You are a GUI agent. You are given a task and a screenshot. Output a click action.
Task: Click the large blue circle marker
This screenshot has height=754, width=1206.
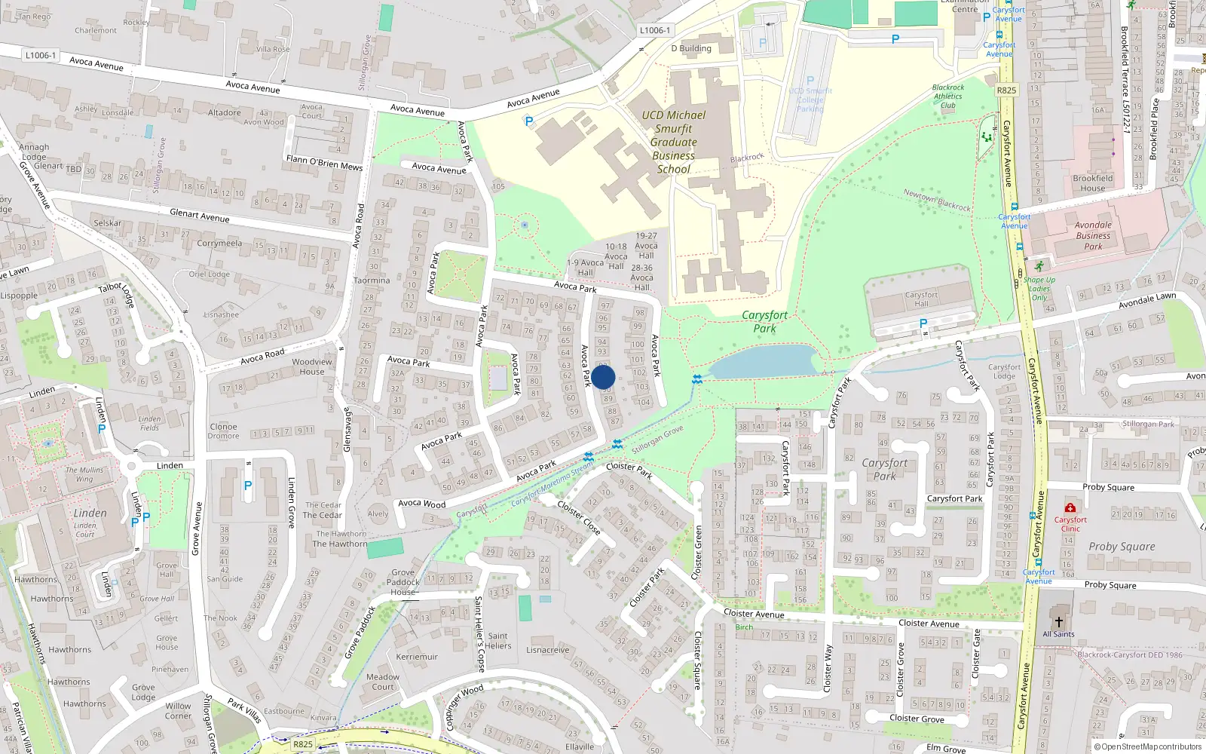click(x=603, y=377)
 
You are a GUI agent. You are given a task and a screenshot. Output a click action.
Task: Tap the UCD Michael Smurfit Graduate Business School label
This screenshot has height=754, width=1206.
click(x=673, y=142)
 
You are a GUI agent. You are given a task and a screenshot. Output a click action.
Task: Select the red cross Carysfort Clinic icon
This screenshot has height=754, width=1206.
click(x=1070, y=508)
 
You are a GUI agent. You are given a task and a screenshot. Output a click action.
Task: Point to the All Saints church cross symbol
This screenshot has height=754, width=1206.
click(x=1058, y=622)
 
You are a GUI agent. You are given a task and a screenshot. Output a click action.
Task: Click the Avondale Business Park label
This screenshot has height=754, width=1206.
click(x=1093, y=235)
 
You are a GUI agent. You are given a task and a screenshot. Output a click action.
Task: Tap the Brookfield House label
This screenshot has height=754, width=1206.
click(x=1092, y=183)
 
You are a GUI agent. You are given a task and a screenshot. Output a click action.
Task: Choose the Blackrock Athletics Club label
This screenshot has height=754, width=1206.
click(x=947, y=96)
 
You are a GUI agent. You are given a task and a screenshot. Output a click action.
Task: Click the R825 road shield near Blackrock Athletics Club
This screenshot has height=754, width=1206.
click(x=1006, y=90)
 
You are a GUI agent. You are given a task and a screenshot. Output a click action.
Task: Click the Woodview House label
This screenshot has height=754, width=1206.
click(x=312, y=366)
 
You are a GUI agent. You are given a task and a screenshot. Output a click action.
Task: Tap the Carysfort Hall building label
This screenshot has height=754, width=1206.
click(x=921, y=299)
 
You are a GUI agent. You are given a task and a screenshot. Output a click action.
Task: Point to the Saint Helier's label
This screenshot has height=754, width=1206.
click(x=497, y=640)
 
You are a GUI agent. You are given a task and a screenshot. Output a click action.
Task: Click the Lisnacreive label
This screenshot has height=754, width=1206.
click(x=548, y=650)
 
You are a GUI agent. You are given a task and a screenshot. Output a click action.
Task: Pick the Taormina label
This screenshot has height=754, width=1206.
click(x=372, y=280)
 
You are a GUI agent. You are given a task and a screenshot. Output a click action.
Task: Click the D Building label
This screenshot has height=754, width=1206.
click(x=691, y=48)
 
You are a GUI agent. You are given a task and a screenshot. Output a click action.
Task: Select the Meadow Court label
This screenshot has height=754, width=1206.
click(x=383, y=682)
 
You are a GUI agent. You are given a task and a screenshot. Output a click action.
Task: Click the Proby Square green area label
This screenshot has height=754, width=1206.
click(x=1121, y=547)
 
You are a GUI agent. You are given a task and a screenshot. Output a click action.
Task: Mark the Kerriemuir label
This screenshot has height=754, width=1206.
click(x=417, y=657)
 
